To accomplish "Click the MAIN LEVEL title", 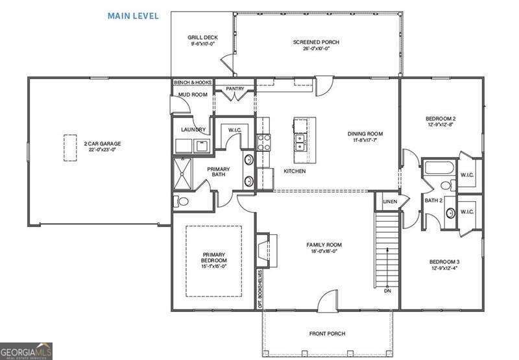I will pos(132,16).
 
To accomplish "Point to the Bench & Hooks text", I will pos(193,83).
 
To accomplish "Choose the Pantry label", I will pos(234,88).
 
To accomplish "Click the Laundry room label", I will pos(193,130).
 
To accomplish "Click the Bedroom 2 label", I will pos(441,119).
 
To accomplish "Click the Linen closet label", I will pos(390,202).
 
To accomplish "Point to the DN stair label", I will pos(388,291).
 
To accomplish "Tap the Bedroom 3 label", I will pos(444,262).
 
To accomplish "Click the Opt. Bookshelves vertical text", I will pos(260,283).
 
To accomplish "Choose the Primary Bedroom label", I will pos(214,257).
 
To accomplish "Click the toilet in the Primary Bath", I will pos(181,201).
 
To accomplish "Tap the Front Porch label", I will pos(327,334).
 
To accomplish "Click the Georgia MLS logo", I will pos(26,351).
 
